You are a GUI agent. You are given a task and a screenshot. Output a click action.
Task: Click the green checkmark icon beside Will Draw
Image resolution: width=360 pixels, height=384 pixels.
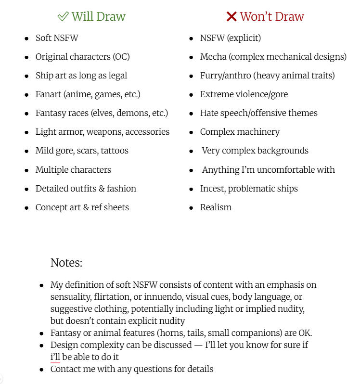tap(63, 16)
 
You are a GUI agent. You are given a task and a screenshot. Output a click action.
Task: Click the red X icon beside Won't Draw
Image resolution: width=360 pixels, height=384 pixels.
tap(231, 16)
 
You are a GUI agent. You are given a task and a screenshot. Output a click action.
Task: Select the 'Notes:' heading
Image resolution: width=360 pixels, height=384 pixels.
tap(66, 263)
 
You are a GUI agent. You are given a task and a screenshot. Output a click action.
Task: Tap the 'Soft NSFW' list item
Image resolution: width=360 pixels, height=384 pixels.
tap(57, 38)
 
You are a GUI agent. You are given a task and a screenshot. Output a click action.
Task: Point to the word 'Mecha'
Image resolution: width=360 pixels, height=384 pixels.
tap(213, 57)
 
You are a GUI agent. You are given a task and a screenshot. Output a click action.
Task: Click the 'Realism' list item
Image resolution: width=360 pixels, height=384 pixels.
tap(216, 207)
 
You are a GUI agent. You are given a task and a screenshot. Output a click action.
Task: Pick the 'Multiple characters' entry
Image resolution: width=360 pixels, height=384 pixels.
tap(73, 170)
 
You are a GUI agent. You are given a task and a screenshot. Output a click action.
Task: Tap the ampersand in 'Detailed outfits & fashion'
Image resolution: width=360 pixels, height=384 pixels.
tap(101, 189)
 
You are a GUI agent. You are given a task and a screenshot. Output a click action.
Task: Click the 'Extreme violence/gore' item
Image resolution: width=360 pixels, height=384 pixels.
tap(244, 94)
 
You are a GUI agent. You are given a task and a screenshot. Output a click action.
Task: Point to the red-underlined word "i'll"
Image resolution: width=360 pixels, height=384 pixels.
tap(55, 357)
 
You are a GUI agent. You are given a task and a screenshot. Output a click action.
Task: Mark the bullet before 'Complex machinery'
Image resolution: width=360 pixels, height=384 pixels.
tap(191, 132)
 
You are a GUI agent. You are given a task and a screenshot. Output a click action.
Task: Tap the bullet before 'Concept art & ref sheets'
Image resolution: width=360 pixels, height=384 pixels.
tap(26, 208)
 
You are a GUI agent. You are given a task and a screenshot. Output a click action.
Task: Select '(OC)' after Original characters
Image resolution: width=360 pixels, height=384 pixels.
tap(121, 57)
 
